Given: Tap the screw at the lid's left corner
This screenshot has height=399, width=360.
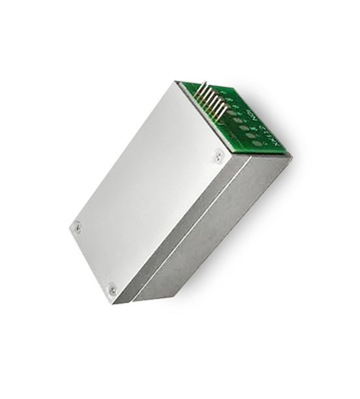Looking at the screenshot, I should pyautogui.click(x=77, y=227).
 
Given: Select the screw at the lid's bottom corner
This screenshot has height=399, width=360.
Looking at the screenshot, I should pyautogui.click(x=112, y=289).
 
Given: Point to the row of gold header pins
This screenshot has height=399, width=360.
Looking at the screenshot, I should pyautogui.click(x=210, y=99).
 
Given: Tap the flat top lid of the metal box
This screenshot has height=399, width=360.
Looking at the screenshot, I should pyautogui.click(x=150, y=190).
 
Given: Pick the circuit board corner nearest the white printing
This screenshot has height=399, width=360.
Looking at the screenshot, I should pyautogui.click(x=284, y=151).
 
